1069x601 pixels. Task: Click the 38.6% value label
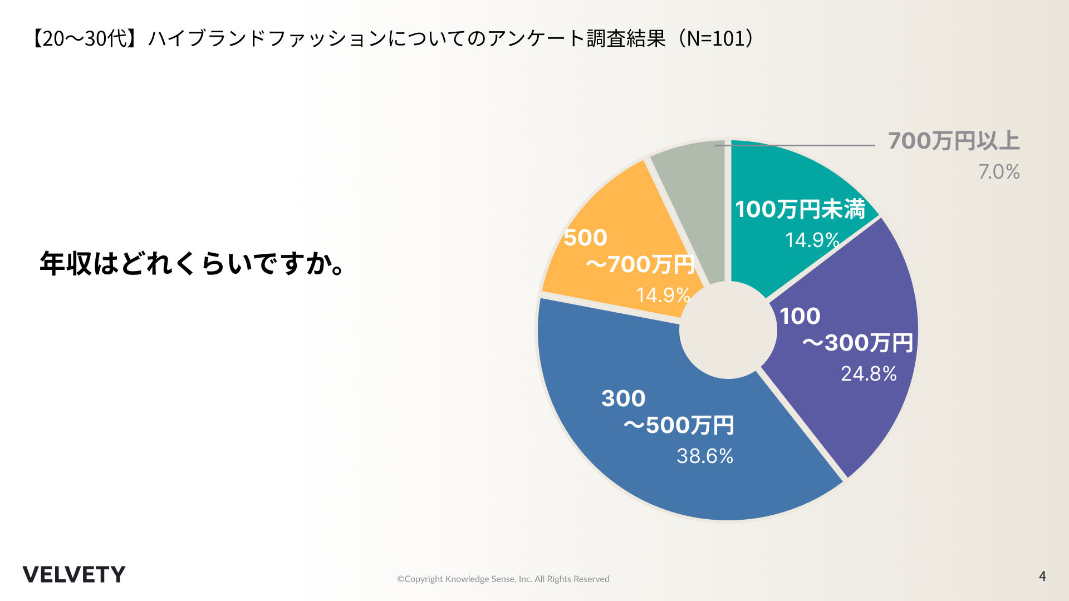pyautogui.click(x=705, y=456)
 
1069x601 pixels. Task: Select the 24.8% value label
pyautogui.click(x=869, y=373)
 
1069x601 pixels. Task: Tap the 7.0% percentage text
pyautogui.click(x=999, y=171)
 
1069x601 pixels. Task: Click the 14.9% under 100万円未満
pyautogui.click(x=812, y=240)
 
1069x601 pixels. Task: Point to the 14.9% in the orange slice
pyautogui.click(x=663, y=295)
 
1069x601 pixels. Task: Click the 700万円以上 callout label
pyautogui.click(x=954, y=141)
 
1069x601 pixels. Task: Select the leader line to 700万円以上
pyautogui.click(x=807, y=145)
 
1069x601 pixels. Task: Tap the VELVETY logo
pyautogui.click(x=74, y=574)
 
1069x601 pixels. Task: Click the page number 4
pyautogui.click(x=1042, y=576)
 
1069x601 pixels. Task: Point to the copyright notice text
pyautogui.click(x=503, y=579)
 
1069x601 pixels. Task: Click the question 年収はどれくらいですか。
pyautogui.click(x=192, y=263)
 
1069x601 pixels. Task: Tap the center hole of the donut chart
pyautogui.click(x=728, y=330)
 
